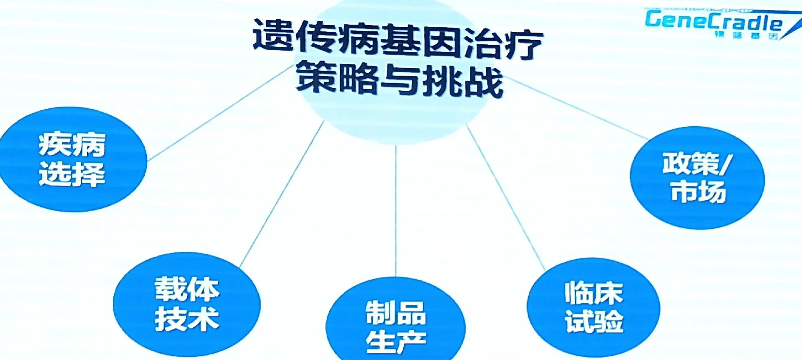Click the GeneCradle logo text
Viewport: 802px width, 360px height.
pyautogui.click(x=713, y=21)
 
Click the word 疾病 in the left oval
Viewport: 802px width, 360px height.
pyautogui.click(x=72, y=145)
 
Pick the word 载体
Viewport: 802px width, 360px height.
pyautogui.click(x=187, y=289)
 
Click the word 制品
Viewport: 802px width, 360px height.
pyautogui.click(x=396, y=313)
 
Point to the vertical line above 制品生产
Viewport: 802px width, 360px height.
pyautogui.click(x=396, y=209)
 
